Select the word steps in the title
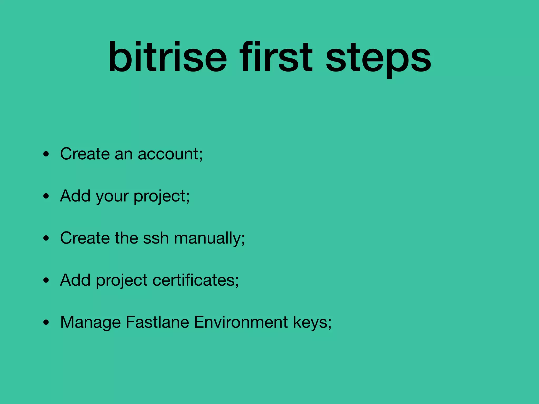pyautogui.click(x=378, y=59)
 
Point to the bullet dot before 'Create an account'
pyautogui.click(x=46, y=154)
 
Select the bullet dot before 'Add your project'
pyautogui.click(x=46, y=196)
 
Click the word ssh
pyautogui.click(x=156, y=238)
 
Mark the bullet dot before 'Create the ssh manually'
pyautogui.click(x=46, y=239)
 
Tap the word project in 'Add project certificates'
pyautogui.click(x=122, y=281)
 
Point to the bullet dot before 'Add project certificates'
pyautogui.click(x=46, y=281)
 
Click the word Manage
pyautogui.click(x=90, y=323)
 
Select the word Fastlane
pyautogui.click(x=157, y=322)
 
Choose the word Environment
pyautogui.click(x=241, y=322)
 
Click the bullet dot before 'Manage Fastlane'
pyautogui.click(x=46, y=323)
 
